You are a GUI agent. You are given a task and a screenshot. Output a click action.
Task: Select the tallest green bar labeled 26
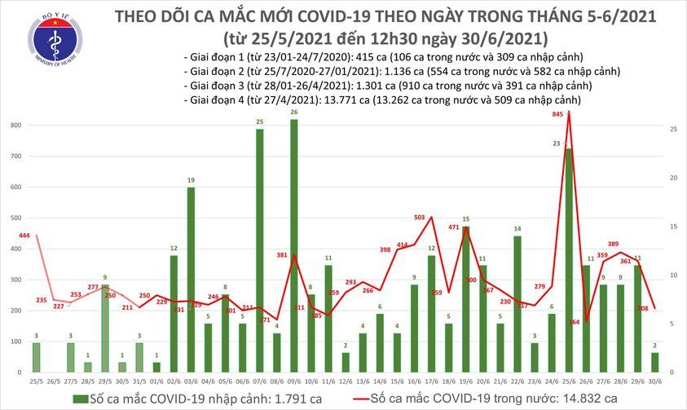[x=293, y=245]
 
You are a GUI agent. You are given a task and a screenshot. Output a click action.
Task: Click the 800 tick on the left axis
[x=15, y=125]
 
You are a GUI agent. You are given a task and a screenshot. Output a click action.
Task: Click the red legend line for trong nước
[x=353, y=399]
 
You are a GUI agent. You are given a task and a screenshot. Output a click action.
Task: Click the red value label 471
[x=455, y=227]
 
